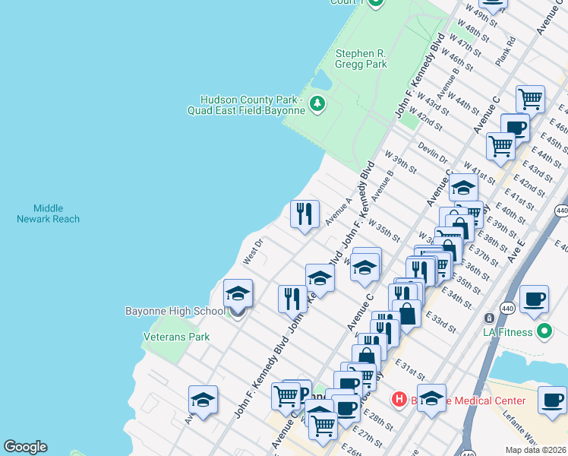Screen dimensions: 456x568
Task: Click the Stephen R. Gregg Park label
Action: [x=361, y=59]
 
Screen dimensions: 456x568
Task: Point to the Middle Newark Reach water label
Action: [x=48, y=214]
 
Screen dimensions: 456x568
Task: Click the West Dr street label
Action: [x=252, y=252]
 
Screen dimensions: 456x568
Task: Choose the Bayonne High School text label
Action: [x=175, y=311]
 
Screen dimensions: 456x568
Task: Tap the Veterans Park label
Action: [x=176, y=337]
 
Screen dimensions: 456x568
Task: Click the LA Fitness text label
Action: [x=508, y=331]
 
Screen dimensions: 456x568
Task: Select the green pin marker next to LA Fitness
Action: [x=544, y=331]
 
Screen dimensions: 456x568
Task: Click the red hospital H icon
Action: [x=399, y=399]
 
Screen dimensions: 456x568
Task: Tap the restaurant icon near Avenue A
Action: [x=305, y=214]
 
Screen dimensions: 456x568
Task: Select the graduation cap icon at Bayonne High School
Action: [x=238, y=293]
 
